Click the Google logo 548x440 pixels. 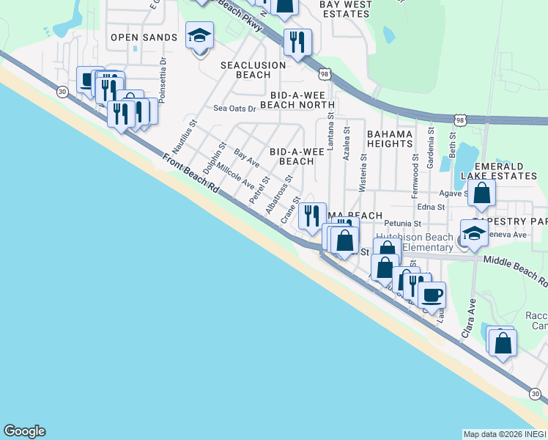[x=24, y=431]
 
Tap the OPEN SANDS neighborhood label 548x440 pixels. [x=144, y=37]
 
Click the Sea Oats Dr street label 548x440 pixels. [x=234, y=109]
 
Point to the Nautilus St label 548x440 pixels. [x=184, y=139]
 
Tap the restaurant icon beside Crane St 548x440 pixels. [x=312, y=214]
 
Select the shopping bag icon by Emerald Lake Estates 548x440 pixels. [x=482, y=194]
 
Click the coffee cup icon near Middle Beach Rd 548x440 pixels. [x=432, y=295]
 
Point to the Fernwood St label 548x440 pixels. [x=415, y=169]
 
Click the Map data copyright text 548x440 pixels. [x=505, y=433]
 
